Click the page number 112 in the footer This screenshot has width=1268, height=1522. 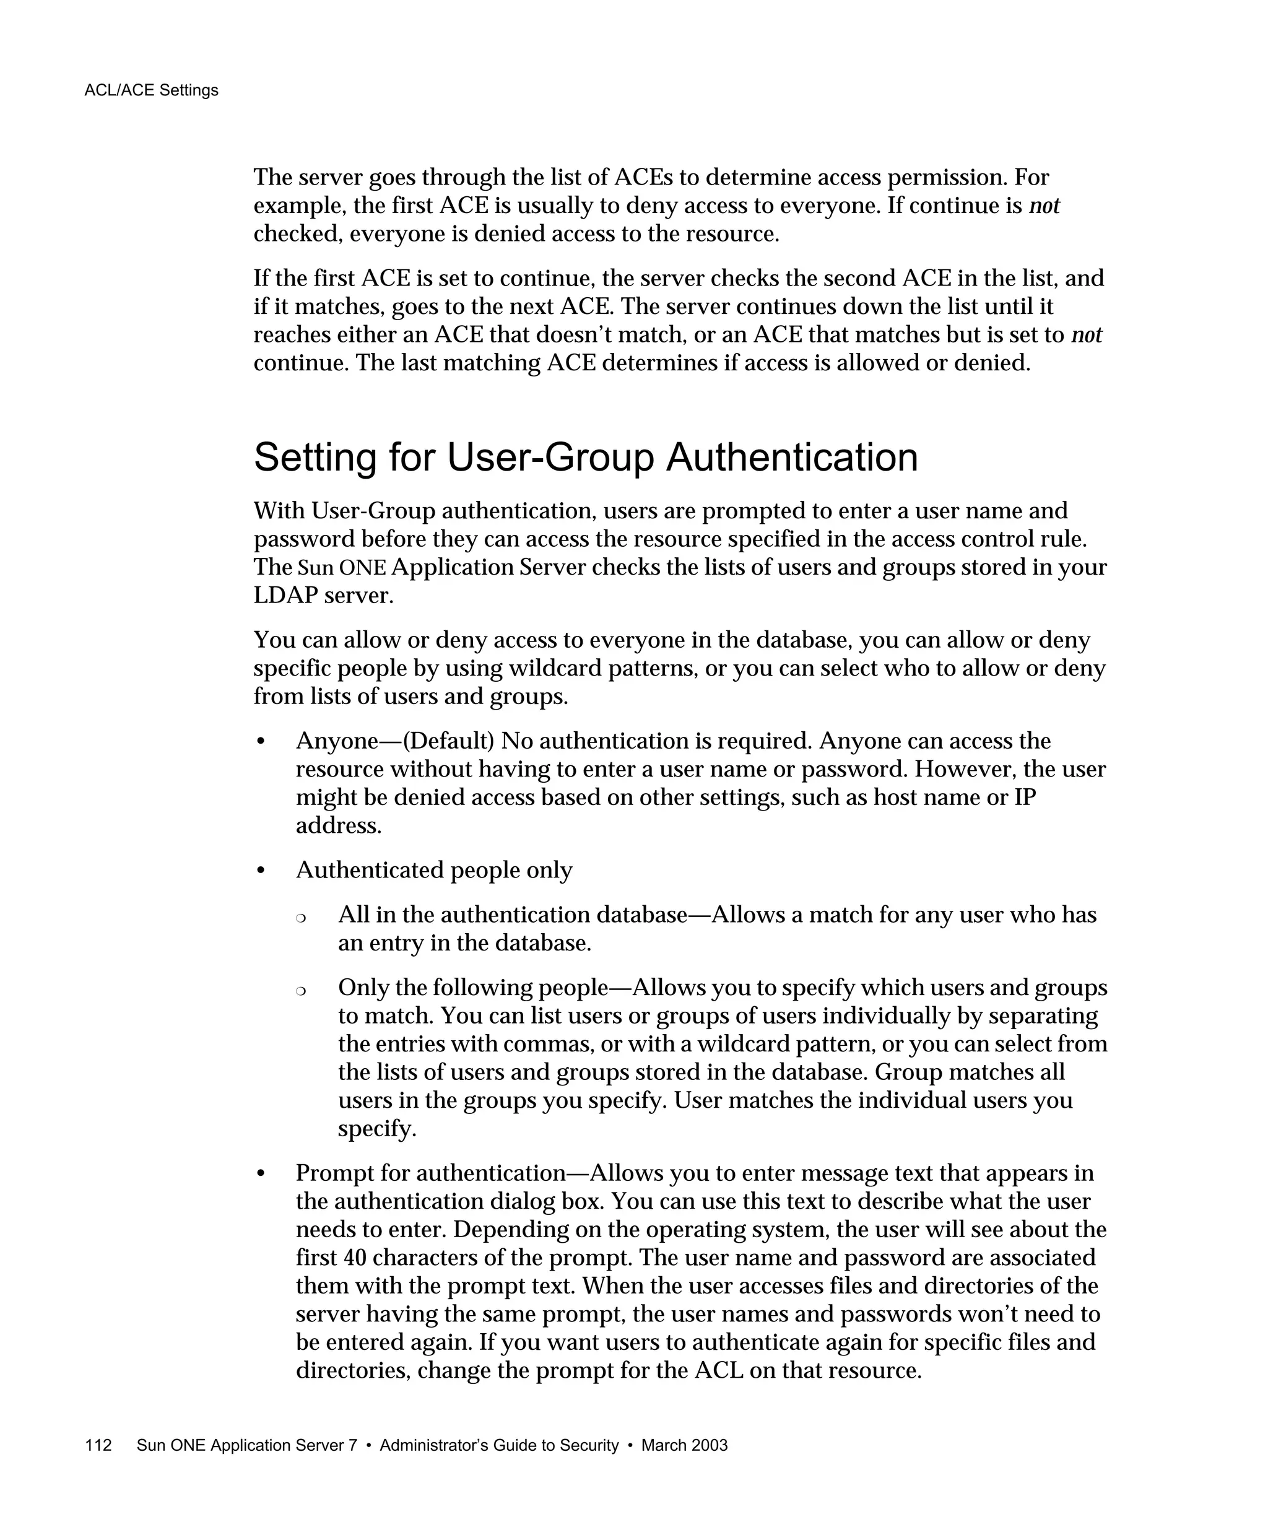(98, 1445)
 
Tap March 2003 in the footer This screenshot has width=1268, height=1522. (684, 1445)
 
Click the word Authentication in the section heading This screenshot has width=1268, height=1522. (791, 458)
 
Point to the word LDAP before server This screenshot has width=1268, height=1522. (285, 595)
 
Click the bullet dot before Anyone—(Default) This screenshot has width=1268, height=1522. (261, 741)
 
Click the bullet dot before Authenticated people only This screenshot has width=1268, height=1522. (261, 871)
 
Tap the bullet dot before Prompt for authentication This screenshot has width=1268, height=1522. (261, 1173)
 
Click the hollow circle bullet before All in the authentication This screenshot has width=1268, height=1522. (301, 918)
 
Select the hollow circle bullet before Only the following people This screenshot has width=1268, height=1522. (301, 991)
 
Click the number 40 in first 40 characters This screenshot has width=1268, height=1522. (354, 1258)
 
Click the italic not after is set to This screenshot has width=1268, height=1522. (1086, 335)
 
